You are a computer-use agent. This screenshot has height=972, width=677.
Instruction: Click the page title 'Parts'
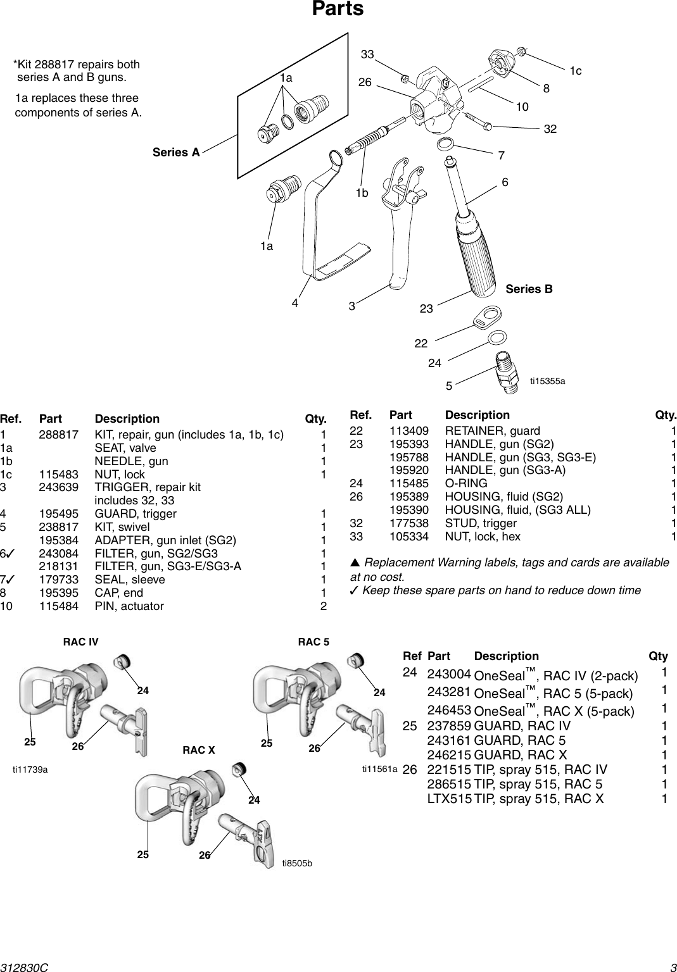point(338,9)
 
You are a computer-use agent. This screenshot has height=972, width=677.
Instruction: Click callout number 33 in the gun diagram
point(367,55)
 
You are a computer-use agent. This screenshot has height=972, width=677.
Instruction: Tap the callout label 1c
point(575,72)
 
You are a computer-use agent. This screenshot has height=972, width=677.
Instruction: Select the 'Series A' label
point(176,153)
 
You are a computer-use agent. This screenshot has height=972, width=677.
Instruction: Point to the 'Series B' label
point(529,289)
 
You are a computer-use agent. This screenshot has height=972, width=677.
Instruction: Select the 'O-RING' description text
point(466,483)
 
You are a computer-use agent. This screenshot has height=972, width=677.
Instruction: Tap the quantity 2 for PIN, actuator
point(323,606)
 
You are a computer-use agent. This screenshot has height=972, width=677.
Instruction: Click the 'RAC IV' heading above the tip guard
point(81,642)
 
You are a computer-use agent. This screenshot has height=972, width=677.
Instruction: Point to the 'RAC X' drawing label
point(199,751)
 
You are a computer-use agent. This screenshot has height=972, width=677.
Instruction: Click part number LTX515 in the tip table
point(449,799)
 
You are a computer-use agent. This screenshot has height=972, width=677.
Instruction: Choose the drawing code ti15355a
point(548,381)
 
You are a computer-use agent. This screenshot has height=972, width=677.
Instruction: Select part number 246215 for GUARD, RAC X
point(449,754)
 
